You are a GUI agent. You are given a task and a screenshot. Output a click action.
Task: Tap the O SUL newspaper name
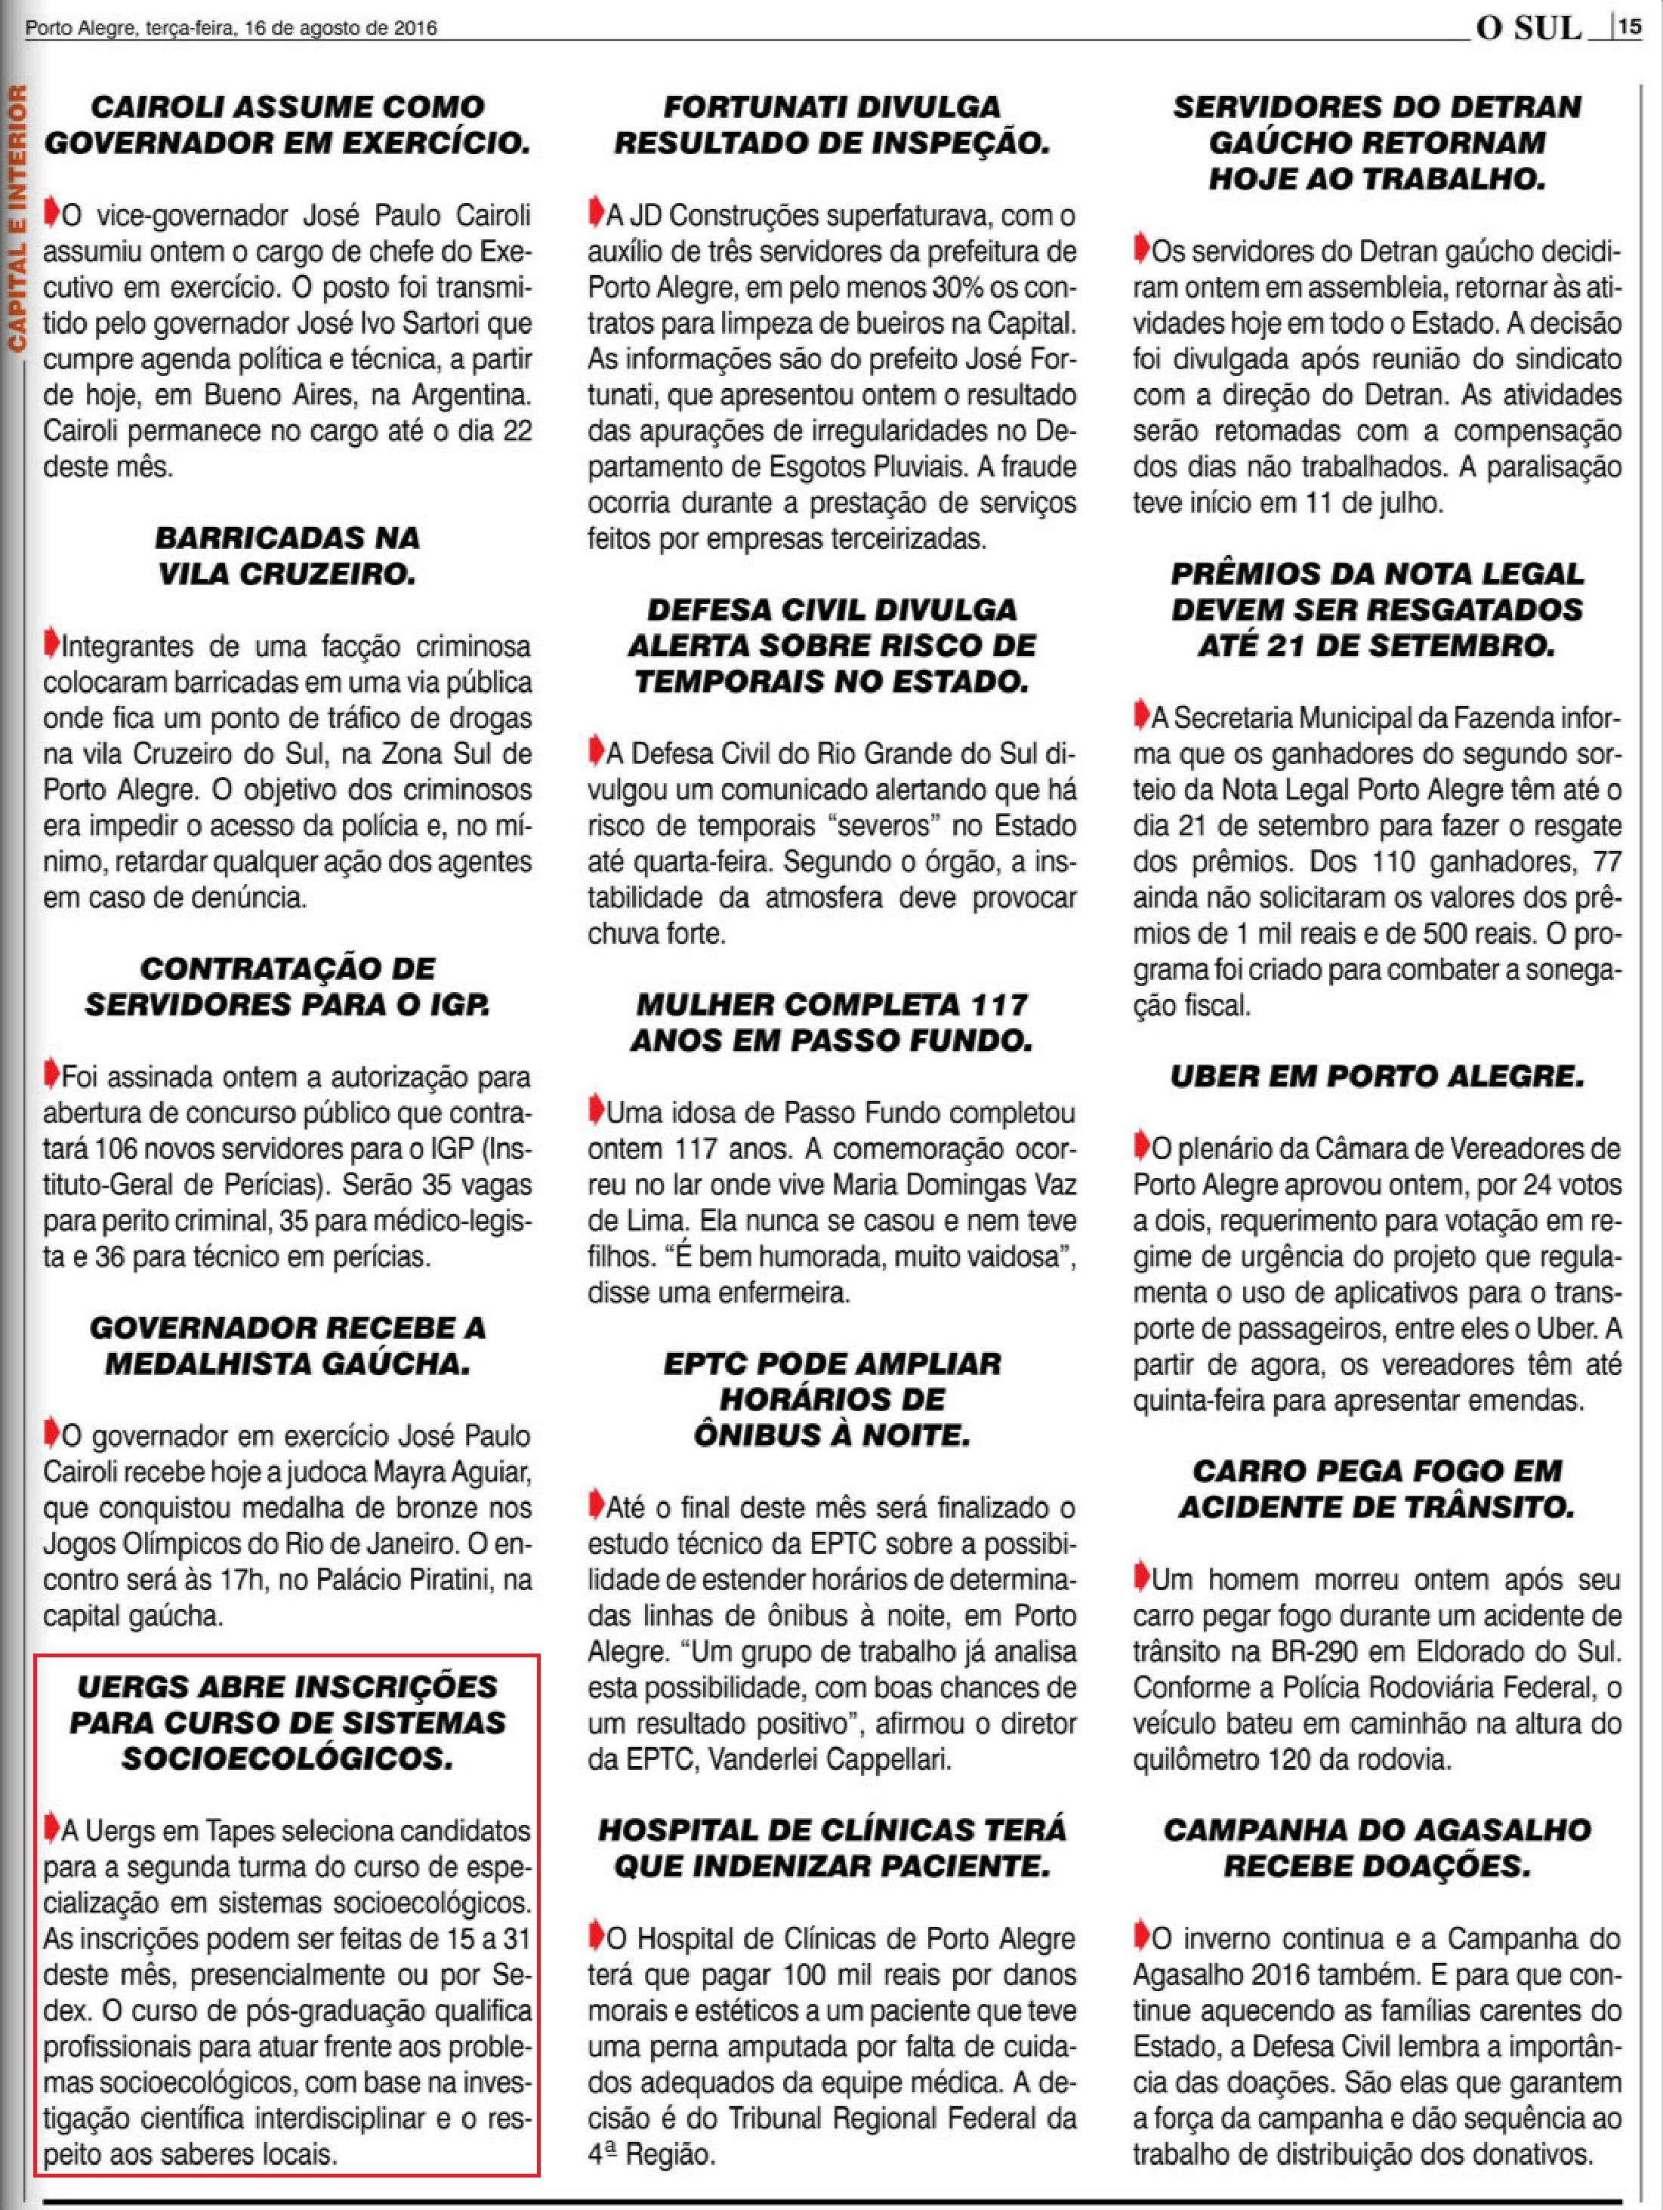click(x=1529, y=27)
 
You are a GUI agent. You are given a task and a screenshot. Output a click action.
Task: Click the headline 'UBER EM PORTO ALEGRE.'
click(x=1378, y=1076)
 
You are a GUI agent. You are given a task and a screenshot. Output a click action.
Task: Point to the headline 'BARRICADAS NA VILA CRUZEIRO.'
click(x=287, y=556)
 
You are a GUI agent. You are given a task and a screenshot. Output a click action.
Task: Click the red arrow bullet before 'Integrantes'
click(x=51, y=643)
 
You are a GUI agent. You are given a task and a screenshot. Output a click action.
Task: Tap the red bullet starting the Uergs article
click(x=51, y=1829)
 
